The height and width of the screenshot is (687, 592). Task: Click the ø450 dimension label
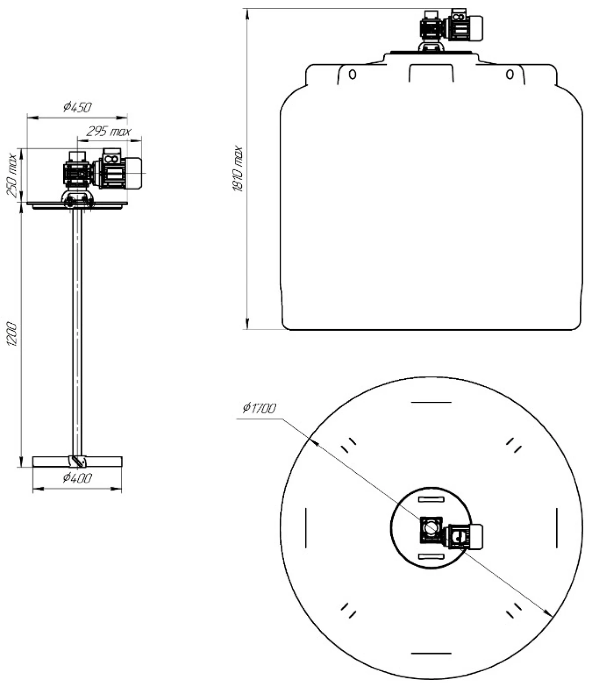click(77, 108)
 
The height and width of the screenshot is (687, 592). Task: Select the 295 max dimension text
click(109, 132)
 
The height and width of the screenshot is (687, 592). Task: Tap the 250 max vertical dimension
click(12, 175)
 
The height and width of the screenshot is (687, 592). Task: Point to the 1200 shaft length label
click(12, 334)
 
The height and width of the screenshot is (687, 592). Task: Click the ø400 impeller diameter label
click(77, 478)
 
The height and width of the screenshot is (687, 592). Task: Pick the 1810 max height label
click(238, 168)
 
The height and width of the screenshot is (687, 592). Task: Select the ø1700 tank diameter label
click(259, 408)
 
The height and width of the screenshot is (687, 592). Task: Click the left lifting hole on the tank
click(352, 75)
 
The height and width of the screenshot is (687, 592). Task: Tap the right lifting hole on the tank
click(510, 75)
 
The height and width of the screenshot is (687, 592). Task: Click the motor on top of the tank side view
click(465, 28)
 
